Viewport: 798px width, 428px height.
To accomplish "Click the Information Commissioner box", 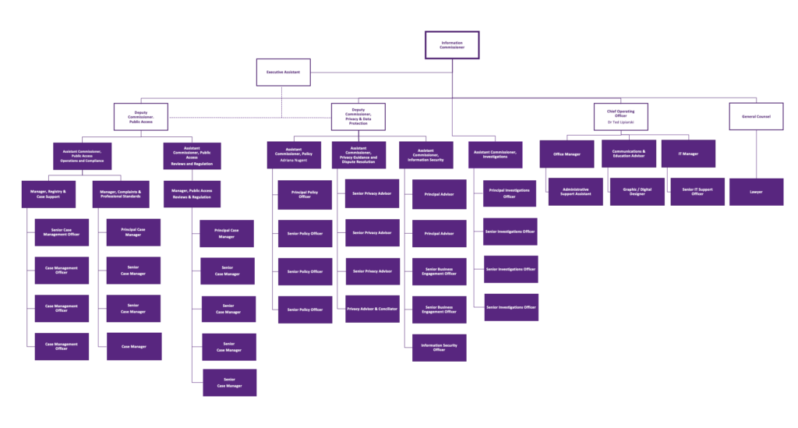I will [452, 45].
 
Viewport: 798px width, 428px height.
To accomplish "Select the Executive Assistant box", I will [283, 72].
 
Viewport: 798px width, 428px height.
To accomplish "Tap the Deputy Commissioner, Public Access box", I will [140, 117].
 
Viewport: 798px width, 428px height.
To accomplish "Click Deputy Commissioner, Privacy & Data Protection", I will [358, 117].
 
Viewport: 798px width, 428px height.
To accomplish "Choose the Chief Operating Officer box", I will [620, 116].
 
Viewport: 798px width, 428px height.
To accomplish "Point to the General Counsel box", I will [756, 116].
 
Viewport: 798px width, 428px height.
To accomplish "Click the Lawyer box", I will [756, 192].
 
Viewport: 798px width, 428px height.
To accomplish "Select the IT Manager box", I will [688, 154].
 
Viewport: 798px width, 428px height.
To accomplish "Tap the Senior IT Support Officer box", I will [697, 192].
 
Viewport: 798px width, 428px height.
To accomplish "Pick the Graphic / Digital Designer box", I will [637, 192].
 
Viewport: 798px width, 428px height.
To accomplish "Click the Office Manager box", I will [567, 154].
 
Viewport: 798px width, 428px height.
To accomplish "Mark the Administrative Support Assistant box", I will [575, 192].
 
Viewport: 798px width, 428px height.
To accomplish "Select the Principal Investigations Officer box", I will [510, 193].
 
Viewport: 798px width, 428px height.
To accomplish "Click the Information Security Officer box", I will [439, 348].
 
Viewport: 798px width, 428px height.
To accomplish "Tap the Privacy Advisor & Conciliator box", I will [373, 309].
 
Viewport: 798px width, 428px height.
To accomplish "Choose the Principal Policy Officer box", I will [305, 195].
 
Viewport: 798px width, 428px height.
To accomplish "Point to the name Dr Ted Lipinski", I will [620, 123].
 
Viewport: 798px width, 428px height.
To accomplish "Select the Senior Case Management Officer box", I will [62, 232].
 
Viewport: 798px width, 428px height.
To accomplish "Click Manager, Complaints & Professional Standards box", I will [121, 194].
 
